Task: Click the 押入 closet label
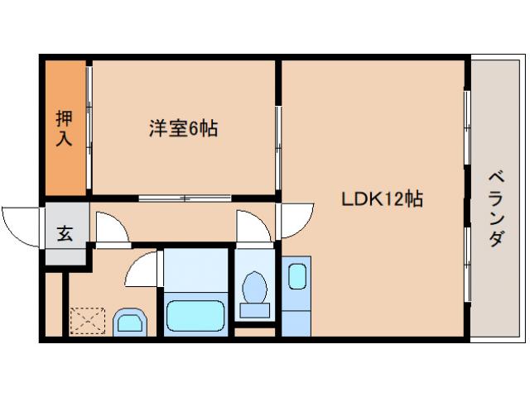[64, 128]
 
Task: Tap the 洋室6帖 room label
[183, 129]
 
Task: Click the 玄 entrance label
[65, 233]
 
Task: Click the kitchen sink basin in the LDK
[296, 275]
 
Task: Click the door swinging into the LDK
[295, 220]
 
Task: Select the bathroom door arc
[142, 269]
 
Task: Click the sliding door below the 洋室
[184, 198]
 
